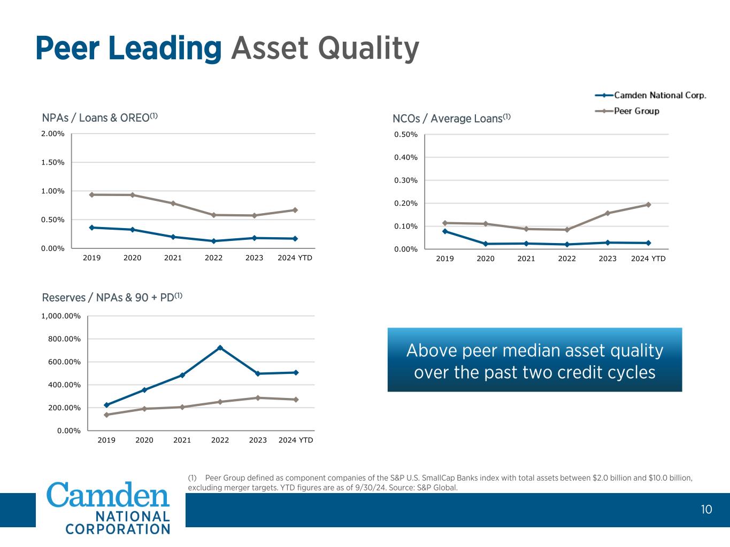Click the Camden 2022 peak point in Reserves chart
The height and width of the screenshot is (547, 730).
point(220,348)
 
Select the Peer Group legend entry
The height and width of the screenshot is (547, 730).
point(636,111)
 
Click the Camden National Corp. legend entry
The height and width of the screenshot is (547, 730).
point(660,95)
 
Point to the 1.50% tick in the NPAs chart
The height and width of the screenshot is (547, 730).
point(53,162)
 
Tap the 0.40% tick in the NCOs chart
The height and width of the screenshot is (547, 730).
point(406,158)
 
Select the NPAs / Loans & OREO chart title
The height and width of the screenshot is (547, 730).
point(100,118)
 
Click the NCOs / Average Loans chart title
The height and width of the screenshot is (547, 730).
point(451,118)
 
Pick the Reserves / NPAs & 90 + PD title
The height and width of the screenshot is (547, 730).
point(112,297)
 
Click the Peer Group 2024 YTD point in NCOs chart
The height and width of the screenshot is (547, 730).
point(648,205)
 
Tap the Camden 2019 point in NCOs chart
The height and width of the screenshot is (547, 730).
point(445,231)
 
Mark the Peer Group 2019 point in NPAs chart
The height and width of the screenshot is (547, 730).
point(91,195)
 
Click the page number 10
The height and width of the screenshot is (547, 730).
point(706,510)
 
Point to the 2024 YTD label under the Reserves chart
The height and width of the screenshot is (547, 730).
point(296,440)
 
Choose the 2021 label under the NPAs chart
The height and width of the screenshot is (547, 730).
point(173,258)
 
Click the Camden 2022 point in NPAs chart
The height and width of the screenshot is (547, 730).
point(213,241)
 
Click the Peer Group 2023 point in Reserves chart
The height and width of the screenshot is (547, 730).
point(258,398)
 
